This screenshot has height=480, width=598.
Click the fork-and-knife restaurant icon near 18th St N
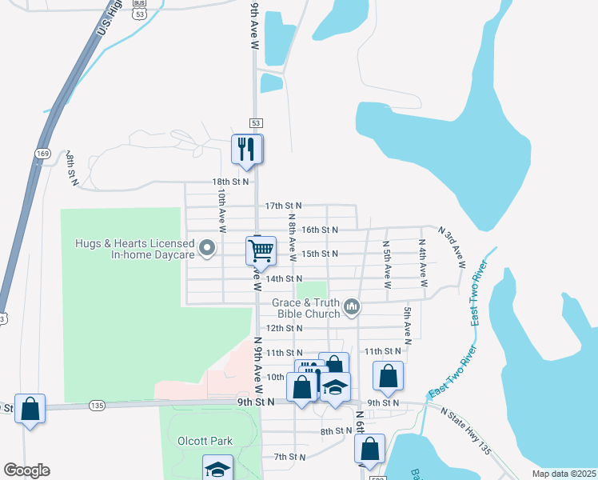point(246,149)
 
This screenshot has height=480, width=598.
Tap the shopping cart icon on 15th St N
point(261,250)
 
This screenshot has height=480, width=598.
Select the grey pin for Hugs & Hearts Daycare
point(208,248)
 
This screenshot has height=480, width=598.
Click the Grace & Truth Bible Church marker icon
point(351,306)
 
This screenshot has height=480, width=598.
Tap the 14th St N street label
point(284,278)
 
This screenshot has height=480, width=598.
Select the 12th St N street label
point(283,328)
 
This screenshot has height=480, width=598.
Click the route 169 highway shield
point(43,152)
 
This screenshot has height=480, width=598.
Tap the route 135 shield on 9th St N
point(98,406)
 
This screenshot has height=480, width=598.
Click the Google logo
point(26,470)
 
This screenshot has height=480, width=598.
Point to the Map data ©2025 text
point(563,474)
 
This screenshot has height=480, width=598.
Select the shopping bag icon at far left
point(30,409)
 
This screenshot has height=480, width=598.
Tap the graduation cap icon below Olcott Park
point(217,469)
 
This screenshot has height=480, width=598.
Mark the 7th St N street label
point(289,457)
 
